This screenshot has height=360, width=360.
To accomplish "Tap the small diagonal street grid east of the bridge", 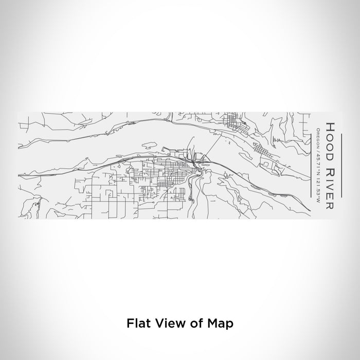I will coord(260,152).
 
